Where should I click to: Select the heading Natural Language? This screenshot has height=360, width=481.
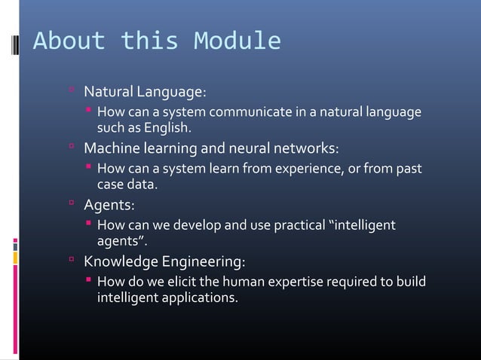click(144, 93)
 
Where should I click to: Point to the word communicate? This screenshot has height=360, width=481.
click(253, 113)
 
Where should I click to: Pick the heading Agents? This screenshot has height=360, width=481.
click(109, 204)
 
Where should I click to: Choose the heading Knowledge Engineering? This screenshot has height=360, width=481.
click(164, 261)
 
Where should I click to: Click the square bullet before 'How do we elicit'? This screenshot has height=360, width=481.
click(88, 281)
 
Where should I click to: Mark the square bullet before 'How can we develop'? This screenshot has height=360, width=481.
click(88, 224)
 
